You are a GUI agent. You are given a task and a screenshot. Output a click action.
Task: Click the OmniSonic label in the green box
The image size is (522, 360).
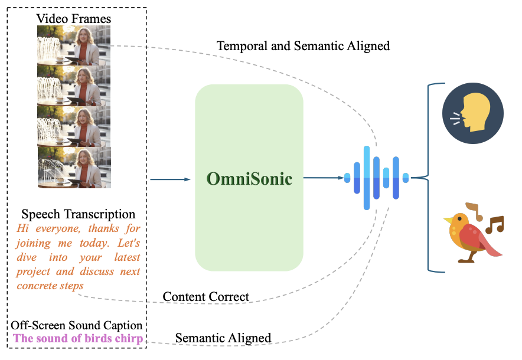click(249, 179)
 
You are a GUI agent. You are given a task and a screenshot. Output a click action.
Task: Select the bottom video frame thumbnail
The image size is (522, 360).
click(74, 167)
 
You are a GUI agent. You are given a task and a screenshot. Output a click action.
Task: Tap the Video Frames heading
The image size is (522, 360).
click(74, 19)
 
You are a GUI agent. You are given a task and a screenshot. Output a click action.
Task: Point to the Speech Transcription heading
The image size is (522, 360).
click(79, 214)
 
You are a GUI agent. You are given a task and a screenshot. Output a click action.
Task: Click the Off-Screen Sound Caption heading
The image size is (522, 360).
click(77, 325)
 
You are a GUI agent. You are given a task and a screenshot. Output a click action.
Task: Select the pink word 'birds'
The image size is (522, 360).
click(98, 338)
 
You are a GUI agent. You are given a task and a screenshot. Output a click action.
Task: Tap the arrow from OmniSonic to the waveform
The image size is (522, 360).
click(324, 177)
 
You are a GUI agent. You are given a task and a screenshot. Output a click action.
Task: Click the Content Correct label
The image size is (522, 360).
click(206, 296)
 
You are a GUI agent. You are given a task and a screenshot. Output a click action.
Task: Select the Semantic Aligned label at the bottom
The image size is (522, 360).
click(223, 338)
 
